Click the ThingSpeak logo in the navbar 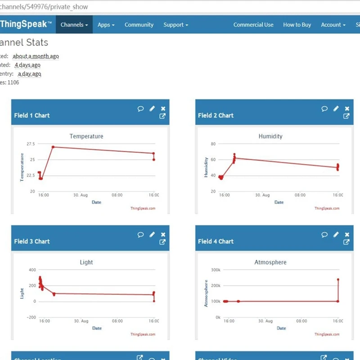[26, 25]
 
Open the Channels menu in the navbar [74, 25]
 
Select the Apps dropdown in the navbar [106, 25]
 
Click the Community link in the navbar [139, 25]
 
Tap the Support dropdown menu [175, 25]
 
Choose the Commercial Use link [253, 25]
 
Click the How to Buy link [297, 25]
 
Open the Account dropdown [333, 25]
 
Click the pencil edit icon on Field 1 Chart [152, 108]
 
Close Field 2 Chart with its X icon [347, 108]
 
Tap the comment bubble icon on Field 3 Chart [140, 234]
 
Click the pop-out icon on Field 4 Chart [346, 242]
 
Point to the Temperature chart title [86, 136]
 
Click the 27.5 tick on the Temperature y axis [31, 144]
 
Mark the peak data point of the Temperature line [53, 147]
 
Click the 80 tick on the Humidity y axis [213, 144]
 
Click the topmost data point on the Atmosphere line [338, 279]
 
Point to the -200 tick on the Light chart [31, 317]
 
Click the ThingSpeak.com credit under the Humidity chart [327, 208]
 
